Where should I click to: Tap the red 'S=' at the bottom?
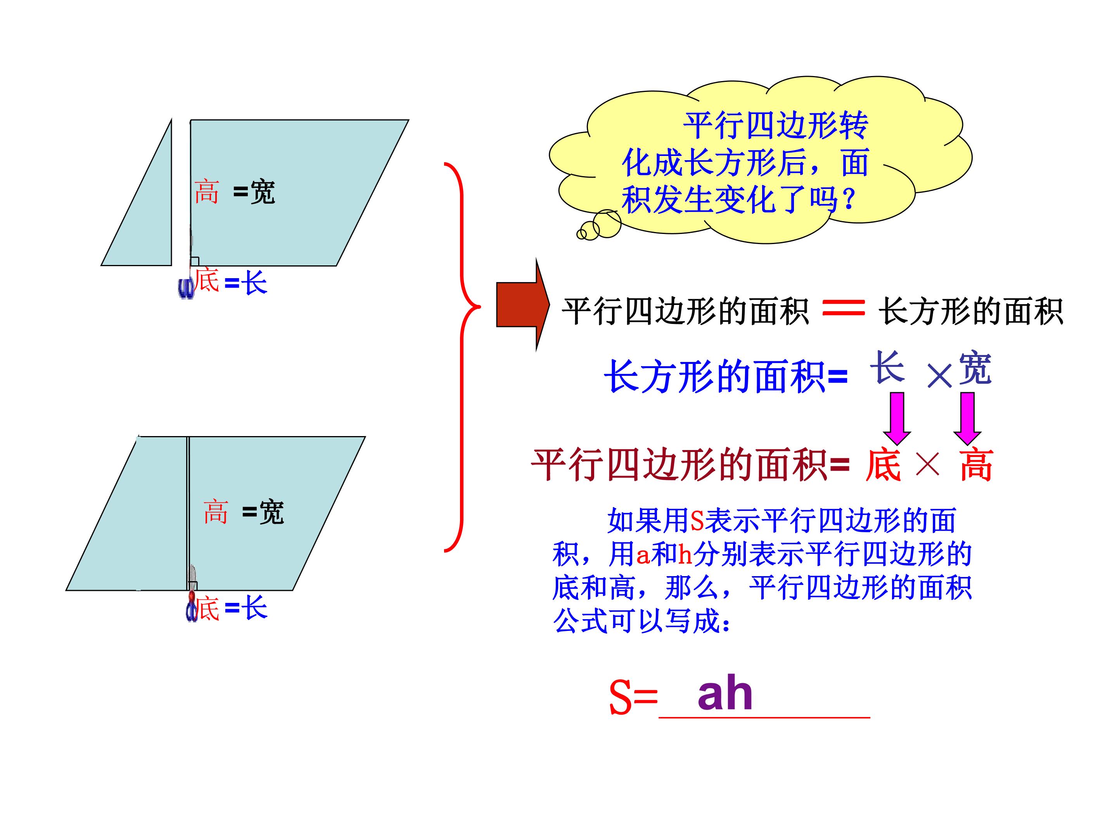(633, 698)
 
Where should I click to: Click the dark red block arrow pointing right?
(523, 305)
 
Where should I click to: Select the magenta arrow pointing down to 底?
(897, 419)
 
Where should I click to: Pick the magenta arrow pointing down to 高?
(967, 419)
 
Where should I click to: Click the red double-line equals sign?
(843, 307)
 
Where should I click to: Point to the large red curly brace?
(462, 357)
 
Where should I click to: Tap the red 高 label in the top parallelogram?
(207, 192)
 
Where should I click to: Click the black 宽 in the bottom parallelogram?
(271, 513)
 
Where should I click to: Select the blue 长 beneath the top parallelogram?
(254, 282)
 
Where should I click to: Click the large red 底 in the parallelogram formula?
(883, 464)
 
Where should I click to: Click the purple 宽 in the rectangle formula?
(975, 368)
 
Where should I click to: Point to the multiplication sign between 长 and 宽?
(939, 376)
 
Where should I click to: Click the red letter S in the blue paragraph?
(697, 521)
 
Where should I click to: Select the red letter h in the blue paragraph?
(685, 555)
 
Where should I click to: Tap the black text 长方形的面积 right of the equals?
(970, 311)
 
